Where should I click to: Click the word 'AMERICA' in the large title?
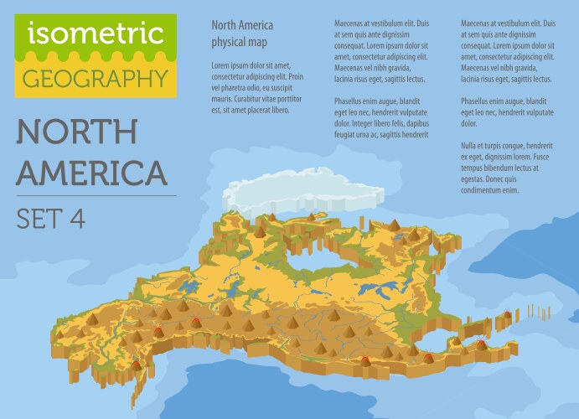tap(92, 173)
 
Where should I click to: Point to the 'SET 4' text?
tap(50, 218)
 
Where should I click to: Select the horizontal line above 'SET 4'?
tap(96, 196)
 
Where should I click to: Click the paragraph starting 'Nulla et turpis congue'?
tap(507, 168)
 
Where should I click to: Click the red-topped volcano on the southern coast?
tap(368, 362)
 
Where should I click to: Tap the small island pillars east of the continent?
tap(528, 314)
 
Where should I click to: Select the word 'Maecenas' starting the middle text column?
tap(352, 24)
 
